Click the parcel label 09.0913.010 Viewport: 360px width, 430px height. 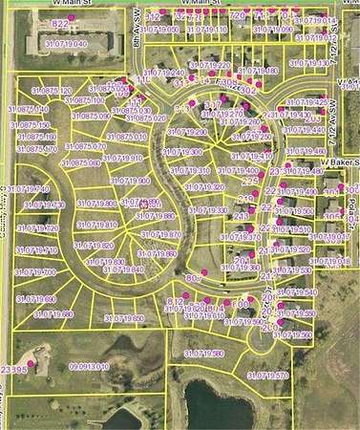coord(89,366)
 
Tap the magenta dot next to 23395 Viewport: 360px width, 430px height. coord(32,362)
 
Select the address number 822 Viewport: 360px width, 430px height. coord(60,22)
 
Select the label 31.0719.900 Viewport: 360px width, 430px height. coord(131,181)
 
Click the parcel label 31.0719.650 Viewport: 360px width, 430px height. coord(123,318)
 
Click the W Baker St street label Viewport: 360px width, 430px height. coord(338,162)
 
